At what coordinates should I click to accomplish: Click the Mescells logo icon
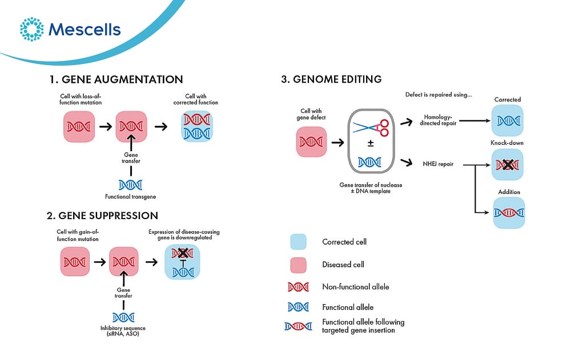[31, 29]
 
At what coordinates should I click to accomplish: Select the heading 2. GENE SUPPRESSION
[102, 216]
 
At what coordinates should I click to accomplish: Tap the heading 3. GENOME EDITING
[331, 79]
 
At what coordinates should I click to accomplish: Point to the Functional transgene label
[130, 197]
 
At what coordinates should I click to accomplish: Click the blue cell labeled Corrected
[508, 120]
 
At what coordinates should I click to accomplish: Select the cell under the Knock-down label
[508, 165]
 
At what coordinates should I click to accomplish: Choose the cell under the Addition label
[508, 213]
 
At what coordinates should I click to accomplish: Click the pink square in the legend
[298, 265]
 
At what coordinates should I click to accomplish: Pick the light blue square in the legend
[298, 242]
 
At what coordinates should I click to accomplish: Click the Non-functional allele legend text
[355, 287]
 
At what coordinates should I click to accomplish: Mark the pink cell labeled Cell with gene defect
[312, 141]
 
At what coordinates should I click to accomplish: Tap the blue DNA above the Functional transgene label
[130, 184]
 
